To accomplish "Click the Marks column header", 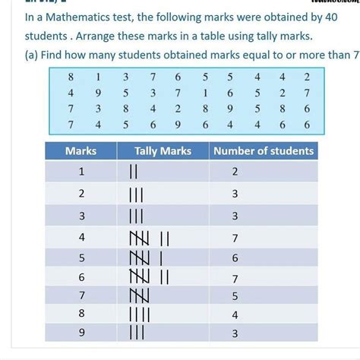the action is [x=81, y=150].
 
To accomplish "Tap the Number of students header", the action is [x=264, y=150].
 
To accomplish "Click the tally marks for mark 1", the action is [x=134, y=172].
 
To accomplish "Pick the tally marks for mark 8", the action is [x=141, y=313].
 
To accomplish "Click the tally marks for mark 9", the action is [x=137, y=332].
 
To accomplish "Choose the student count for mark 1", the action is [x=235, y=172].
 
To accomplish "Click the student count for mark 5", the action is [x=235, y=257].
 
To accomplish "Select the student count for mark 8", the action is [x=235, y=313].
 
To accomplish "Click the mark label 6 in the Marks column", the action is [x=81, y=275].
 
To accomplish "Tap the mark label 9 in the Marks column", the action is [x=81, y=332].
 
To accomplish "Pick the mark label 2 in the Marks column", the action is [x=81, y=194].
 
